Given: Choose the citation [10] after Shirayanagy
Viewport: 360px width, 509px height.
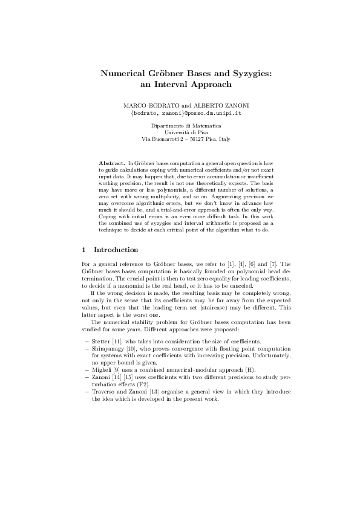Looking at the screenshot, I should tap(131, 349).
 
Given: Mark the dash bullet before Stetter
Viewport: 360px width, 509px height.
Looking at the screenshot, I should tap(85, 342).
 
